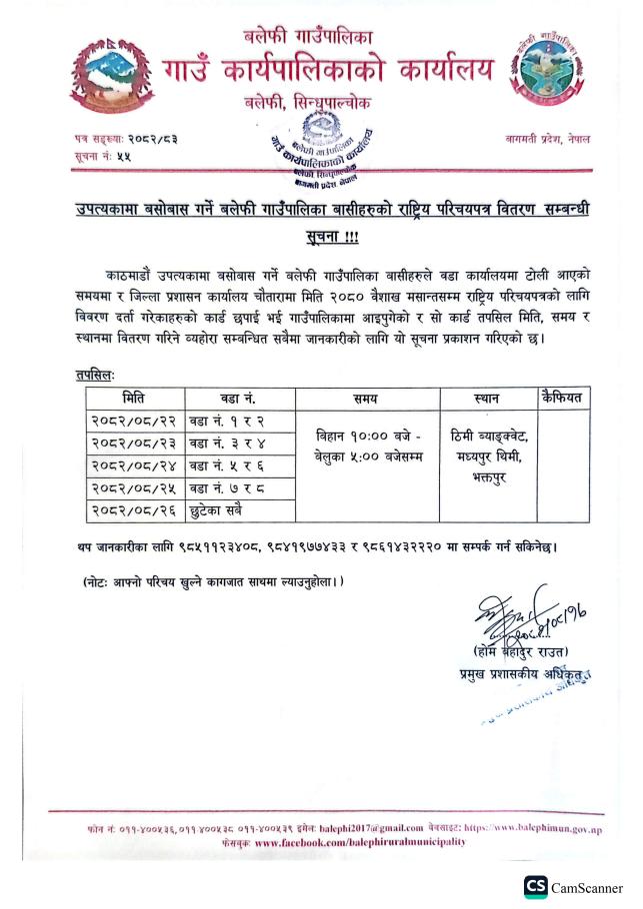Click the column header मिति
pos(132,398)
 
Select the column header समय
pos(364,398)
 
